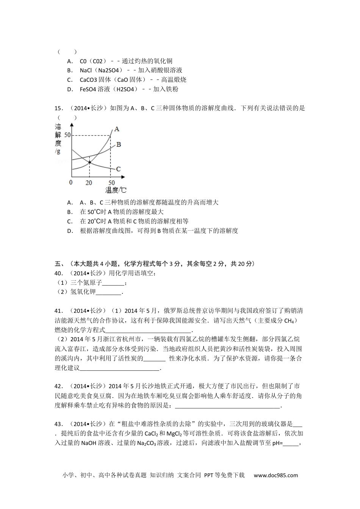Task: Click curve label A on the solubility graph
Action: pos(117,129)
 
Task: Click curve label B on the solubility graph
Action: pos(118,144)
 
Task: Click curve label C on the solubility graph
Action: pos(118,169)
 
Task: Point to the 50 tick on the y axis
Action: pos(67,135)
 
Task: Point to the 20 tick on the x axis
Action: pos(89,183)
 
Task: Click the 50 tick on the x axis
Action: pos(111,183)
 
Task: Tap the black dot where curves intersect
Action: pos(90,162)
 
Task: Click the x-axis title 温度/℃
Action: pos(116,190)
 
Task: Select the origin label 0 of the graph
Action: pos(71,183)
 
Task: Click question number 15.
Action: pos(59,108)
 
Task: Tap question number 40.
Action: pos(59,273)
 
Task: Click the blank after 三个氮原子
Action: pos(113,283)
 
